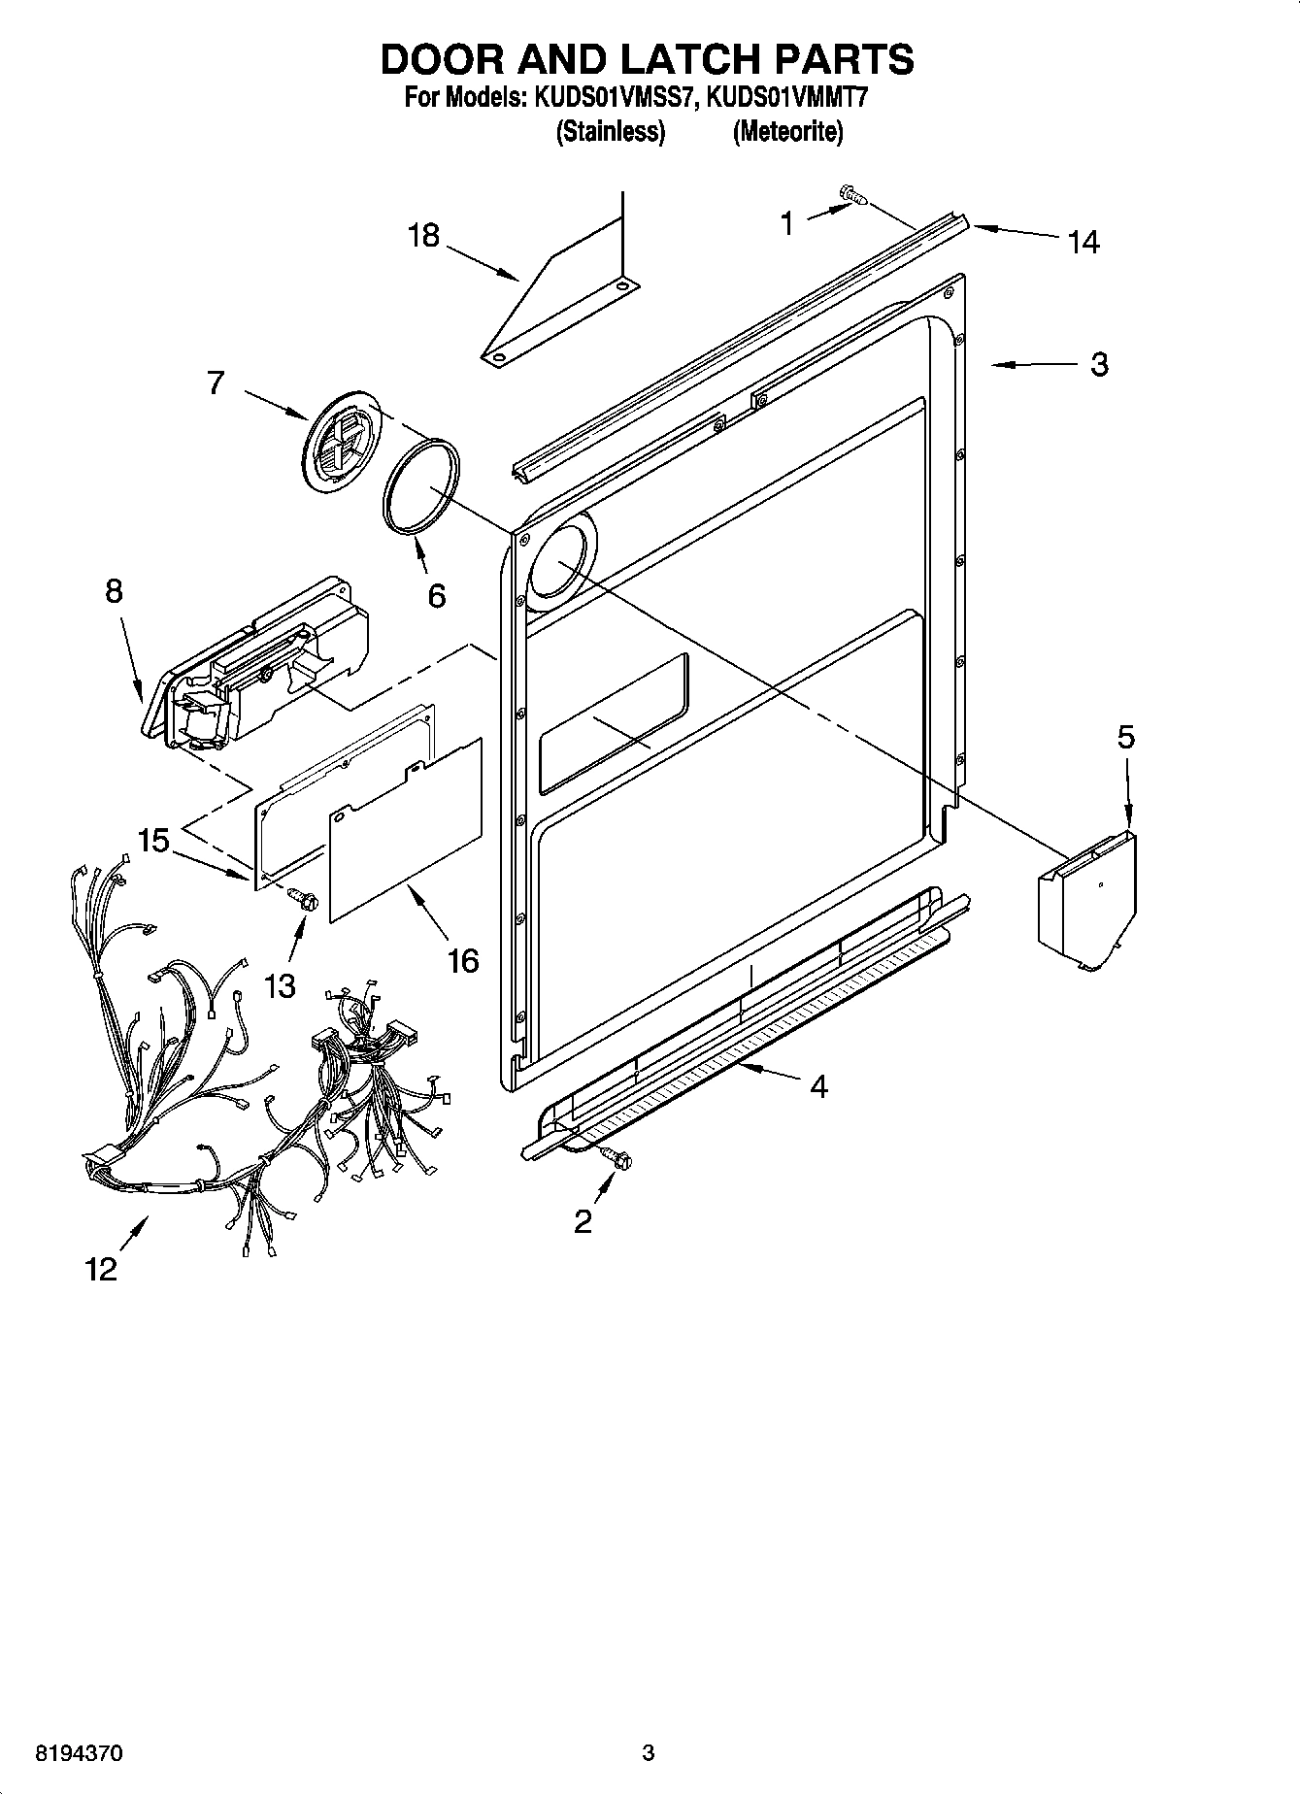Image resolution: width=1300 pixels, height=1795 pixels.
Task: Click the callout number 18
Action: point(423,236)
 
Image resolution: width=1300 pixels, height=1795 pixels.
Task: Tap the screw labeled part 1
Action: point(853,197)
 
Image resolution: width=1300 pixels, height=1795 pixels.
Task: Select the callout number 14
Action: point(1083,242)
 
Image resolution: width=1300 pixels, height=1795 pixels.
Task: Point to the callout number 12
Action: point(100,1268)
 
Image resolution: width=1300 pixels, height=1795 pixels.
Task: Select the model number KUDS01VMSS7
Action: point(608,98)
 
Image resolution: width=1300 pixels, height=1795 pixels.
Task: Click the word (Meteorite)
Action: point(787,132)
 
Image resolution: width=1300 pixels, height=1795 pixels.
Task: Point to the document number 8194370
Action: point(79,1753)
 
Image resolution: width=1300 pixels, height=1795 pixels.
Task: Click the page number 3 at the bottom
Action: point(649,1753)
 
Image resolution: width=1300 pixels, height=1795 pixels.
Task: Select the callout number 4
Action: point(818,1086)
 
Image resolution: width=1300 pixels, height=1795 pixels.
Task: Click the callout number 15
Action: point(153,841)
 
